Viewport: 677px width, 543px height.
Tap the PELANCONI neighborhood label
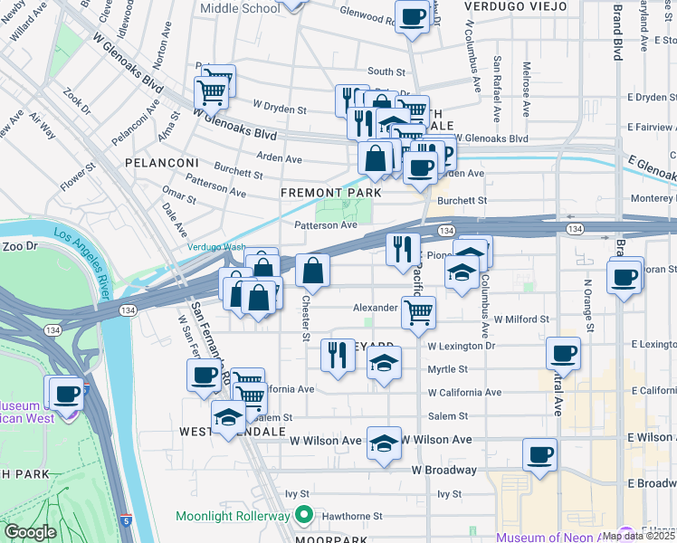(162, 163)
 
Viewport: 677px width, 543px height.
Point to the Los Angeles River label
(86, 263)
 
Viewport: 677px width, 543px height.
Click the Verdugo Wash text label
(216, 247)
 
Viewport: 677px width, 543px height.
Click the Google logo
(29, 532)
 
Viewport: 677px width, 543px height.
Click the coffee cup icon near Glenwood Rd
(412, 17)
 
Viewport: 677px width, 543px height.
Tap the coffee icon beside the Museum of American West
(66, 394)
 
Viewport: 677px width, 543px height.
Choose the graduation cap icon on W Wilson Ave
(384, 443)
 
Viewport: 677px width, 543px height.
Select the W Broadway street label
(444, 471)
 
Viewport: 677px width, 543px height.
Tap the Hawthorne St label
(349, 516)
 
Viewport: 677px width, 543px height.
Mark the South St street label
(386, 71)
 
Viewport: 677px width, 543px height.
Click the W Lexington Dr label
(462, 346)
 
